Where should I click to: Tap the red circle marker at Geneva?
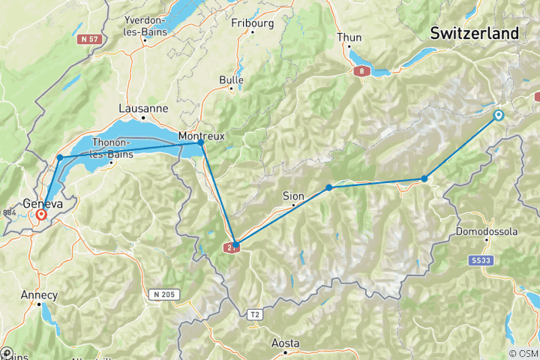tap(40, 214)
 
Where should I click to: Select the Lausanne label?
tap(143, 109)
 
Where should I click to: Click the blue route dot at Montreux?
tap(201, 142)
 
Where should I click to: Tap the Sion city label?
tap(293, 196)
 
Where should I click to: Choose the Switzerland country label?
tap(474, 34)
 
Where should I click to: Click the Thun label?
tap(349, 37)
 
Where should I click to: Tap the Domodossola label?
tap(487, 232)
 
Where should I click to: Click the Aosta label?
tap(285, 343)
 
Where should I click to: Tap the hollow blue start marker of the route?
tap(498, 115)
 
